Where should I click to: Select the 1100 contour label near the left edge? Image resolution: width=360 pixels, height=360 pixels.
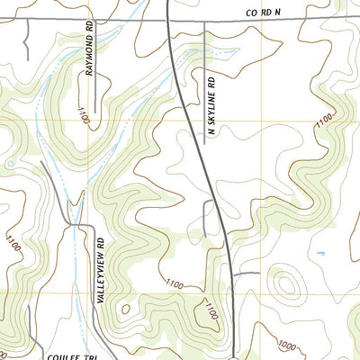coord(13,243)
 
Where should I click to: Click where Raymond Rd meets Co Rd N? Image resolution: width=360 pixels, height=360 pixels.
coord(90,19)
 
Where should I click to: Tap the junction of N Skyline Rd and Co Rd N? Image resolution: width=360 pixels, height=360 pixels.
coord(205,19)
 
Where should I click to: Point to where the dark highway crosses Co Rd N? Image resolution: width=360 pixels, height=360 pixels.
coord(168,19)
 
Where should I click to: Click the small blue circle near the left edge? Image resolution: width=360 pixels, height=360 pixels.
coord(9,165)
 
